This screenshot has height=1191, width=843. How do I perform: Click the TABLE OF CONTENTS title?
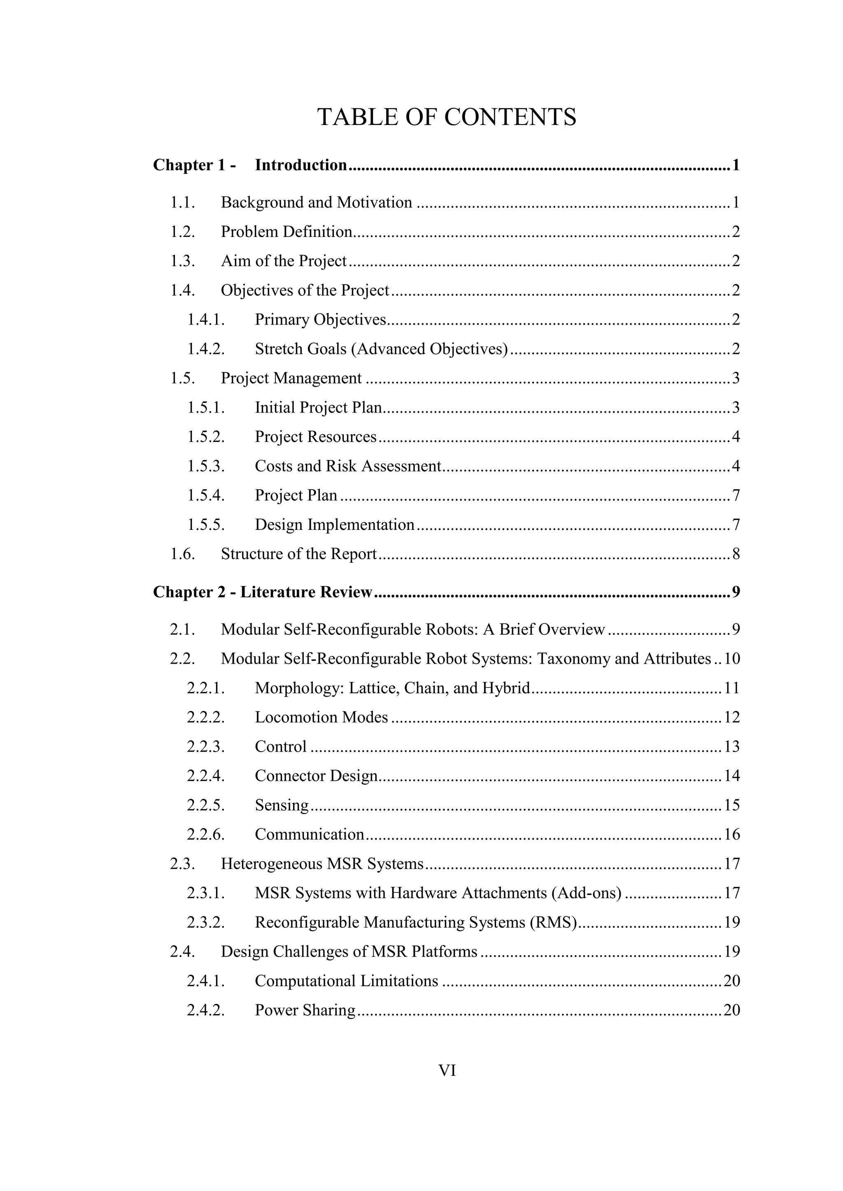tap(447, 117)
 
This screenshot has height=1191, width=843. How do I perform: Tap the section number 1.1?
tap(182, 202)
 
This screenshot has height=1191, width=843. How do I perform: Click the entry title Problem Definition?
tap(286, 232)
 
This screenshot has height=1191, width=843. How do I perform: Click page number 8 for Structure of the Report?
tap(736, 554)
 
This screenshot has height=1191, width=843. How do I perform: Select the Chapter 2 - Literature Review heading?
tap(263, 592)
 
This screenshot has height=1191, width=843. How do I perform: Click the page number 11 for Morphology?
tap(731, 688)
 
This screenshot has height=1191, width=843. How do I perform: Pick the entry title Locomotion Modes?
tap(321, 717)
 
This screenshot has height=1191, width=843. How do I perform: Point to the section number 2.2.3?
tap(205, 747)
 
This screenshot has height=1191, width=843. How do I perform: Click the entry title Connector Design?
tap(316, 776)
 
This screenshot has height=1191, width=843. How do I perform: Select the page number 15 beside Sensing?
tap(731, 806)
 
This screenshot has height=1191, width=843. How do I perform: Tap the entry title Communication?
tap(310, 835)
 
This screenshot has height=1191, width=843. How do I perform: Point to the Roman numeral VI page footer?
tap(447, 1070)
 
